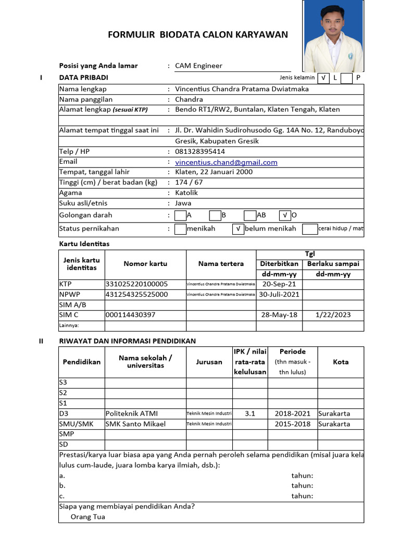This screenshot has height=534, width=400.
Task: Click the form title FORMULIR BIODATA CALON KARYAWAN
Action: pos(197,35)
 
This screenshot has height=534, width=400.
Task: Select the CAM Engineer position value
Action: pos(198,66)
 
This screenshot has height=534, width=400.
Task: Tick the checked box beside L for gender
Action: pos(323,78)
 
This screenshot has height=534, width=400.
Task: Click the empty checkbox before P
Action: pos(347,78)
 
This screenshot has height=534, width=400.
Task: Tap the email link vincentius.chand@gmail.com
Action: pos(226,162)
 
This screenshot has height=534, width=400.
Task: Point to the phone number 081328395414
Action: pos(200,152)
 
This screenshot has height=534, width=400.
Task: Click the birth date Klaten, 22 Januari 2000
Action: pos(214,172)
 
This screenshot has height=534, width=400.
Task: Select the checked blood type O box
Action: pos(284,215)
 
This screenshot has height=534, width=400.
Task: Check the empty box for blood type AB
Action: pos(249,215)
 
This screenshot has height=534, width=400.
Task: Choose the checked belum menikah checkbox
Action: pos(237,229)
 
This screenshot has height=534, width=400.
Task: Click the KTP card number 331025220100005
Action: pos(136,284)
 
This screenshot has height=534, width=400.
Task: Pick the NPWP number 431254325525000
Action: pos(136,295)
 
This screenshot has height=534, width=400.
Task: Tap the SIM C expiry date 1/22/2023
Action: pos(333,315)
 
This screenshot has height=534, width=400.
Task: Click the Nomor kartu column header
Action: pos(145,264)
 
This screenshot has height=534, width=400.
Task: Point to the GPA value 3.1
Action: pos(250,414)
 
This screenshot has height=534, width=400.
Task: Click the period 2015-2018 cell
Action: pos(293,424)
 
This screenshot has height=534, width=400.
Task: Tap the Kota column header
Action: pos(341,362)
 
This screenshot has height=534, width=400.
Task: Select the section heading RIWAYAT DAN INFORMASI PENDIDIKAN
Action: pos(128,341)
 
